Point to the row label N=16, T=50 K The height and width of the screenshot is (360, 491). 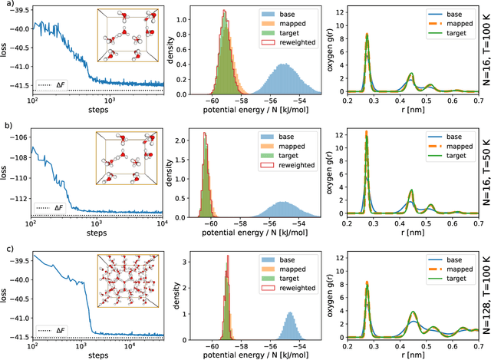(x=485, y=171)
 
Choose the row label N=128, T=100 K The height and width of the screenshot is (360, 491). (x=485, y=291)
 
